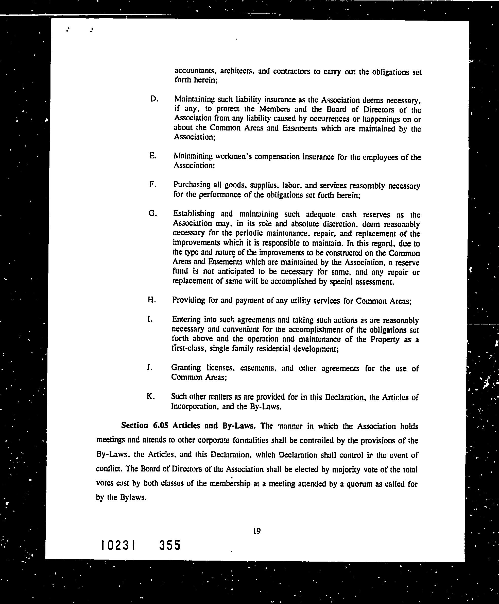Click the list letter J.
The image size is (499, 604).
149,367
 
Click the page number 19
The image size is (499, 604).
257,531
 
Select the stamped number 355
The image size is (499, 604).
170,545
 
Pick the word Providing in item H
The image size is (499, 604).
188,300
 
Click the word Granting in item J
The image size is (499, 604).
186,368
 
